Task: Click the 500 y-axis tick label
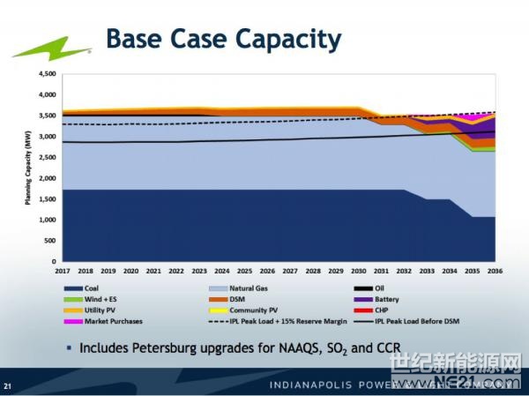48,241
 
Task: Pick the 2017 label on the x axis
63,271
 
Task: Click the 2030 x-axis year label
357,271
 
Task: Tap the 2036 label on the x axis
494,271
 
